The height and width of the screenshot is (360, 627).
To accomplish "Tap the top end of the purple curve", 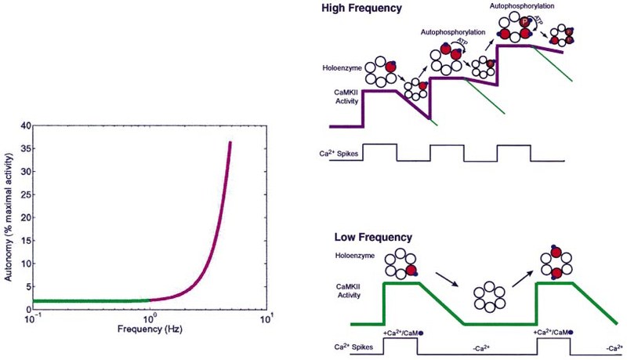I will click(230, 142).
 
